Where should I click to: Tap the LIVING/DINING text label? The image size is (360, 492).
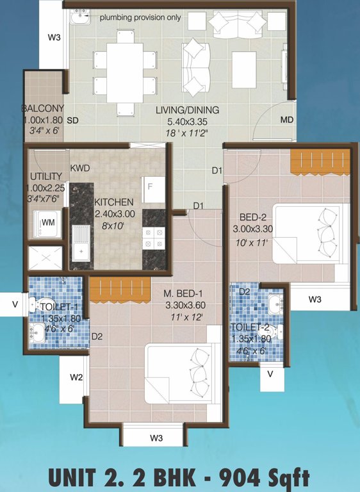(x=187, y=110)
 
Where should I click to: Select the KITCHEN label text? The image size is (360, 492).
(x=114, y=202)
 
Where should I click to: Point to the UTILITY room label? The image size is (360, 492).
(x=46, y=176)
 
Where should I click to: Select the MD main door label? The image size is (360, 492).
(x=286, y=120)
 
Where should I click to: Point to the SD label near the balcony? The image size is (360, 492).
(x=72, y=120)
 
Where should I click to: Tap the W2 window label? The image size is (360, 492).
(x=76, y=377)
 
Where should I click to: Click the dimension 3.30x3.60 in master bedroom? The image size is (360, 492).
(x=184, y=306)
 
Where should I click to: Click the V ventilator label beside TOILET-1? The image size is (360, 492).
(x=14, y=304)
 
